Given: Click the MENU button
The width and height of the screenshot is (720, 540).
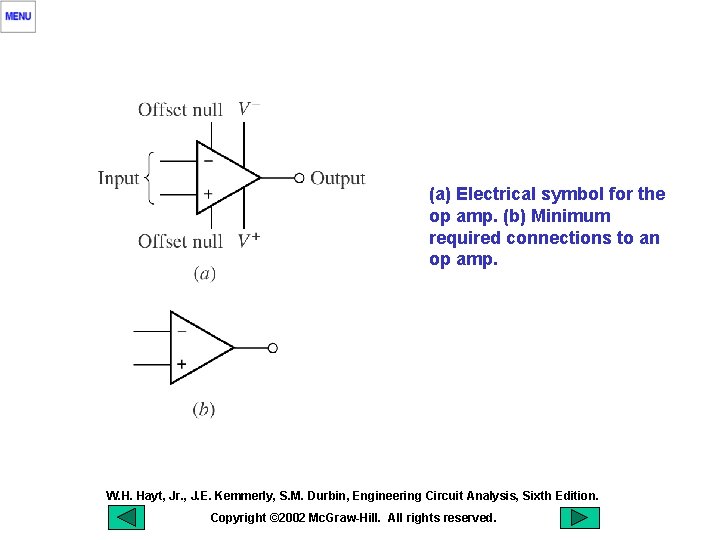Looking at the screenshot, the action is (x=18, y=16).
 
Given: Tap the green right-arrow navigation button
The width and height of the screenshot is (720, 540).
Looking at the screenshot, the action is (x=579, y=518).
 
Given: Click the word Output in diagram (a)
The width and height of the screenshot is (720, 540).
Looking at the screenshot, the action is (x=338, y=179).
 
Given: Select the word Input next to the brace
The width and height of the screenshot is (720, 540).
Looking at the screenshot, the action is (x=118, y=179).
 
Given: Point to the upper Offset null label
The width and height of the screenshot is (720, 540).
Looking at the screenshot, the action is (x=180, y=110).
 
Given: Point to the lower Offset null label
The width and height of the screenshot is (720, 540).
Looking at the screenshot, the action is (x=180, y=241).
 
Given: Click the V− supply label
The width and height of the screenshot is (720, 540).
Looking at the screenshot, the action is (x=249, y=109).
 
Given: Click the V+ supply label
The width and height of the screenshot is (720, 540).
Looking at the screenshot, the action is (x=249, y=240).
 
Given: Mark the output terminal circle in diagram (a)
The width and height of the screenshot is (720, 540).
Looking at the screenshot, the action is (x=299, y=179).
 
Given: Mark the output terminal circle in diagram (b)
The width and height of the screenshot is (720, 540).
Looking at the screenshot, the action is (x=272, y=348).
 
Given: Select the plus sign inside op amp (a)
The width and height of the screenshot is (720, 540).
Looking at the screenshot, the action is (x=208, y=193).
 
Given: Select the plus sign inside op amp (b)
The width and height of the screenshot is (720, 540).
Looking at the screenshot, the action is (x=181, y=365).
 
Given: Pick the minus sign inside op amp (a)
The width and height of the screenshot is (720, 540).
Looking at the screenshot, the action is (x=208, y=160).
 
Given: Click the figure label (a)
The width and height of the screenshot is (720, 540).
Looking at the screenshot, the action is (x=204, y=273).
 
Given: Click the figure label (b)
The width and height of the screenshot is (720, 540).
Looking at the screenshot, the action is (x=203, y=408).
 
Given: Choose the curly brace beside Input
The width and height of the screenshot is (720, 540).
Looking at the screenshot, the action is (x=151, y=179).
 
